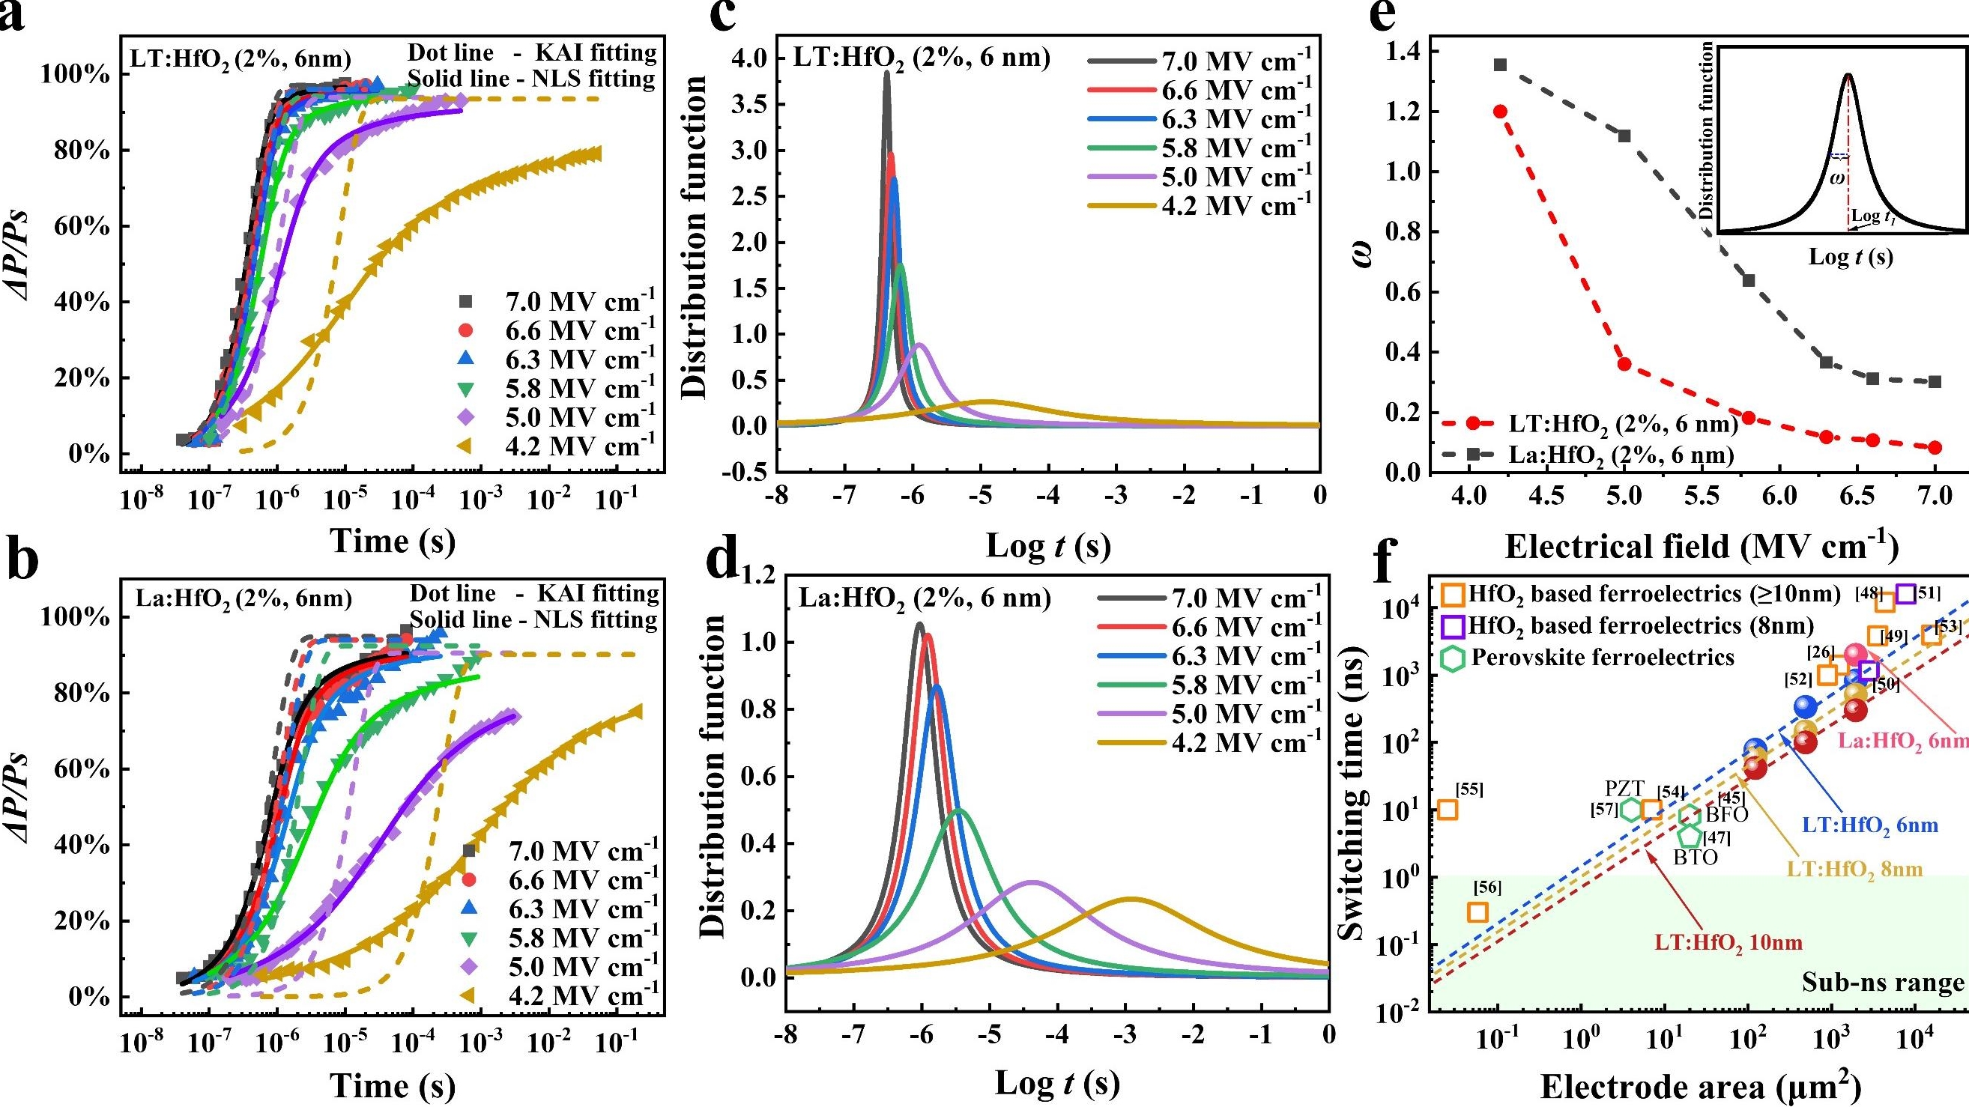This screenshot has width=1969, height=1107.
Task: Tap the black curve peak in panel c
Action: pyautogui.click(x=886, y=73)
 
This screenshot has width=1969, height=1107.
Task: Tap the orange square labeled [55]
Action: pyautogui.click(x=1447, y=810)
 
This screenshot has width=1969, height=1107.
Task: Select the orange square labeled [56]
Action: pyautogui.click(x=1477, y=912)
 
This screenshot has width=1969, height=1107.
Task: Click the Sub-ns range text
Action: pyautogui.click(x=1883, y=983)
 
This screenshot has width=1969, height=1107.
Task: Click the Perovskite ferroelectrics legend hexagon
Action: pyautogui.click(x=1452, y=658)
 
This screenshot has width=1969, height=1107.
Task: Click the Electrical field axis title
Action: pyautogui.click(x=1702, y=547)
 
